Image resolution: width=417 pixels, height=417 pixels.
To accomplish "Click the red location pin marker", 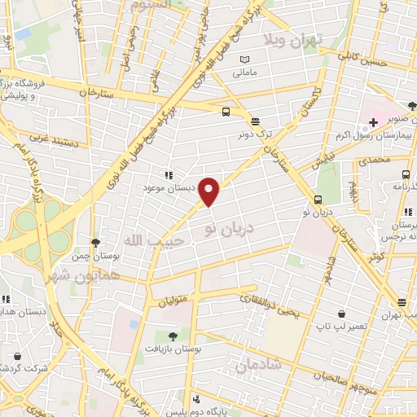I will pos(210,191).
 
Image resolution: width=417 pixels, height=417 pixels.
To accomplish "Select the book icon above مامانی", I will pos(245,59).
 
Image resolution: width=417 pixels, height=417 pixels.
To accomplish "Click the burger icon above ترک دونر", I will pos(255,119).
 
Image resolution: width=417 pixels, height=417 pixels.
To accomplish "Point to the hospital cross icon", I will pos(373,122).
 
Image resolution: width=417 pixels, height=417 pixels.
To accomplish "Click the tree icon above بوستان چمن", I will pos(96,243).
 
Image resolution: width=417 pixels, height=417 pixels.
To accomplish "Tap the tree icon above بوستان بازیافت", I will pos(172,336).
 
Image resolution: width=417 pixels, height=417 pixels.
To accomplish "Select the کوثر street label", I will pos(376,256).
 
